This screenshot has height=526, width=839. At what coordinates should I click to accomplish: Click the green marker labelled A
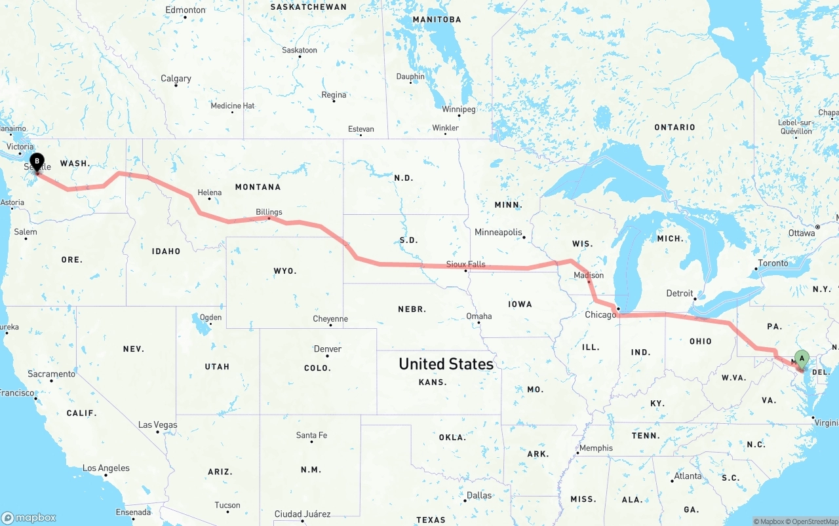[x=801, y=358]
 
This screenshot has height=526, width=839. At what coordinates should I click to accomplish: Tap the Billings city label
[x=269, y=212]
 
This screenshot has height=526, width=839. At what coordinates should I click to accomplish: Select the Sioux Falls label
[x=465, y=264]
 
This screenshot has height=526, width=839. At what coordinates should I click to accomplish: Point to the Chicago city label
[x=600, y=314]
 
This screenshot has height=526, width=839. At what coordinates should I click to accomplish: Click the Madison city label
[x=589, y=275]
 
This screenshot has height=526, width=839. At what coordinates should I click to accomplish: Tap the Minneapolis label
[x=498, y=232]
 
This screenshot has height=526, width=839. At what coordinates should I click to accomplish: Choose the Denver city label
[x=327, y=348]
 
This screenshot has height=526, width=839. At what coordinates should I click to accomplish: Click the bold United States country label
[x=446, y=364]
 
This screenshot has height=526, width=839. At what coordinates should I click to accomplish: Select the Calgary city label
[x=176, y=79]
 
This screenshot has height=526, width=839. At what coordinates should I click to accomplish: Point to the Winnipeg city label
[x=458, y=109]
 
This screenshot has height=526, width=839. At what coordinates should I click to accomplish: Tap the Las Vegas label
[x=157, y=424]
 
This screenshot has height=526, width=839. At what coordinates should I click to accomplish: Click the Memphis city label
[x=596, y=448]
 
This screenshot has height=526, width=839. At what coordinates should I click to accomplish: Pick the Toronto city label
[x=773, y=263]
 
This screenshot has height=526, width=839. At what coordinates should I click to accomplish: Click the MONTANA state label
[x=258, y=187]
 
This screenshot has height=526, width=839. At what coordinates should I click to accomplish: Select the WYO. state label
[x=285, y=271]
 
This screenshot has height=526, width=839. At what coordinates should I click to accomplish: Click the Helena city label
[x=210, y=193]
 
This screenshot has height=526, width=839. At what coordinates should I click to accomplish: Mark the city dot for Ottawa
[x=818, y=227]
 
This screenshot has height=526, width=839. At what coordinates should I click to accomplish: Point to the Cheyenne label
[x=330, y=319]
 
